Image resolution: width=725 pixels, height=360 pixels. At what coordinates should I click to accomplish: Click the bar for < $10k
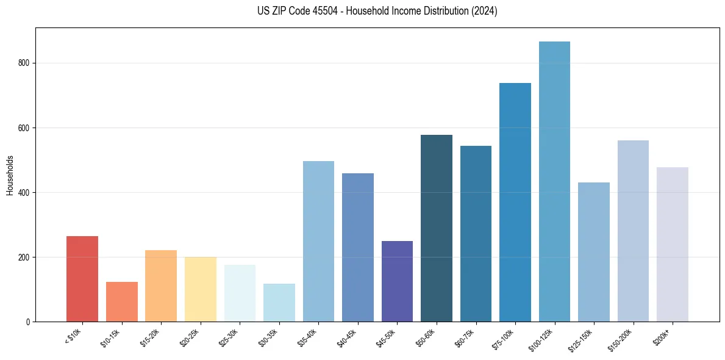tap(82, 279)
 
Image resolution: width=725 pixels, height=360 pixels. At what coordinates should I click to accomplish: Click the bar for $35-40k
tap(318, 241)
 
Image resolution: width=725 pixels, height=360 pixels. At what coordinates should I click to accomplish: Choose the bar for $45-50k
tap(397, 281)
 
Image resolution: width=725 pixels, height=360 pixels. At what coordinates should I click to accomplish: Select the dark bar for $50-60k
tap(437, 228)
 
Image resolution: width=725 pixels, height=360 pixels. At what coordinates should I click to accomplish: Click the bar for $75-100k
tap(515, 202)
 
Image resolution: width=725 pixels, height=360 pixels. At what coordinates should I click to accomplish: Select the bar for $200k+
tap(673, 244)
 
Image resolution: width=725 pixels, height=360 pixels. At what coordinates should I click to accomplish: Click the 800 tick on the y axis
tap(27, 63)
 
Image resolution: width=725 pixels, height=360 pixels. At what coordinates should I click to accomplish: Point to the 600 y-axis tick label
tap(27, 128)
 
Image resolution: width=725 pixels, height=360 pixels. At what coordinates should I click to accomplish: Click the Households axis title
tap(10, 175)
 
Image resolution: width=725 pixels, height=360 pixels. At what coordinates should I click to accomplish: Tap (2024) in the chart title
tap(484, 11)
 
